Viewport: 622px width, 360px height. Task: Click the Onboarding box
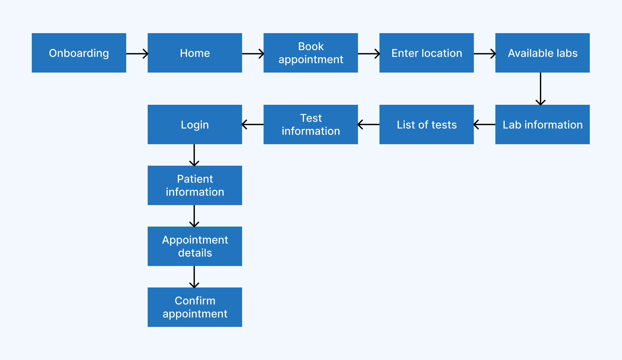[x=79, y=53]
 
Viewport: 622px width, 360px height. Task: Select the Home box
[x=195, y=53]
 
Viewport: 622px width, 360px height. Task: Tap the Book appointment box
[x=311, y=53]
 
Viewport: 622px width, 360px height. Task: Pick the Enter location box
[x=427, y=53]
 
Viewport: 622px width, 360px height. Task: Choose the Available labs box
[x=542, y=53]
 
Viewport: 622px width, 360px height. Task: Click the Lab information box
[x=542, y=124]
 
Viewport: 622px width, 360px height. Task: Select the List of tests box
[x=427, y=124]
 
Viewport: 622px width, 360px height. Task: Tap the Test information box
[x=311, y=124]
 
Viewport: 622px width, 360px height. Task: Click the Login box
[x=195, y=124]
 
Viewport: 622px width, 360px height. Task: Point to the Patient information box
[x=195, y=185]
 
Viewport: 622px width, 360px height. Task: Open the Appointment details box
[x=195, y=246]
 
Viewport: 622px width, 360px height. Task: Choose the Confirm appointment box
[x=195, y=307]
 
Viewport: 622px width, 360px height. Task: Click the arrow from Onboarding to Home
[x=137, y=54]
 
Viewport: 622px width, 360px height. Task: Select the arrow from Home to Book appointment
[x=253, y=54]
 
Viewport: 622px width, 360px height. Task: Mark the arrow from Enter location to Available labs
[x=484, y=54]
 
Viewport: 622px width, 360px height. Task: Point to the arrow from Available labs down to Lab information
[x=540, y=89]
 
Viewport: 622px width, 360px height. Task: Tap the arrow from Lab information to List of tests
[x=484, y=124]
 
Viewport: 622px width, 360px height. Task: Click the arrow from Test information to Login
[x=253, y=124]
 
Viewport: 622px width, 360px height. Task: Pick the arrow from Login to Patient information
[x=194, y=155]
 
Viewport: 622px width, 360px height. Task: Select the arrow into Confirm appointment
[x=194, y=277]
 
